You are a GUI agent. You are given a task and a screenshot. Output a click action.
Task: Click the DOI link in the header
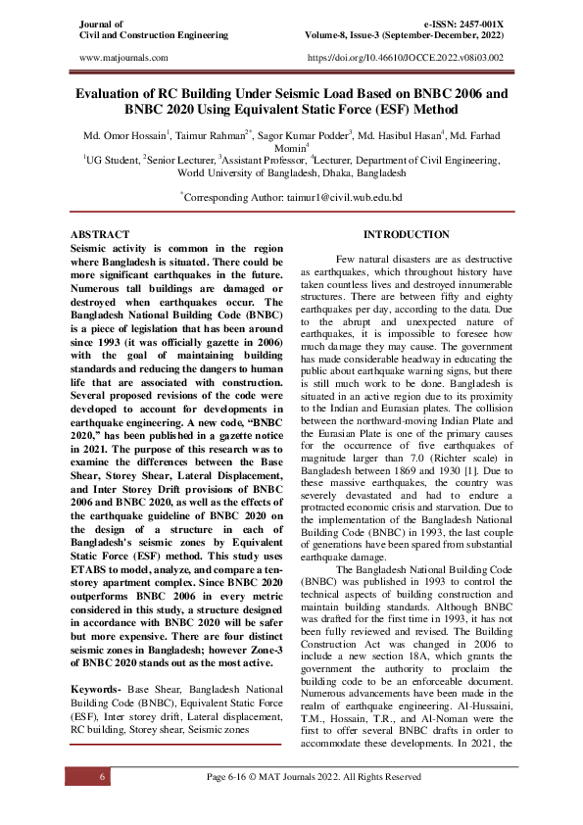point(405,59)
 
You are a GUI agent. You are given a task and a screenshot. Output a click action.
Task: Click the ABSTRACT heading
point(101,235)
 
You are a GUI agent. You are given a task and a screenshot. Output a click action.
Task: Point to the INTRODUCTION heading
point(406,235)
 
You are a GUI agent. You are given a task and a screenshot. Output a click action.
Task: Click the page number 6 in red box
point(102,776)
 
